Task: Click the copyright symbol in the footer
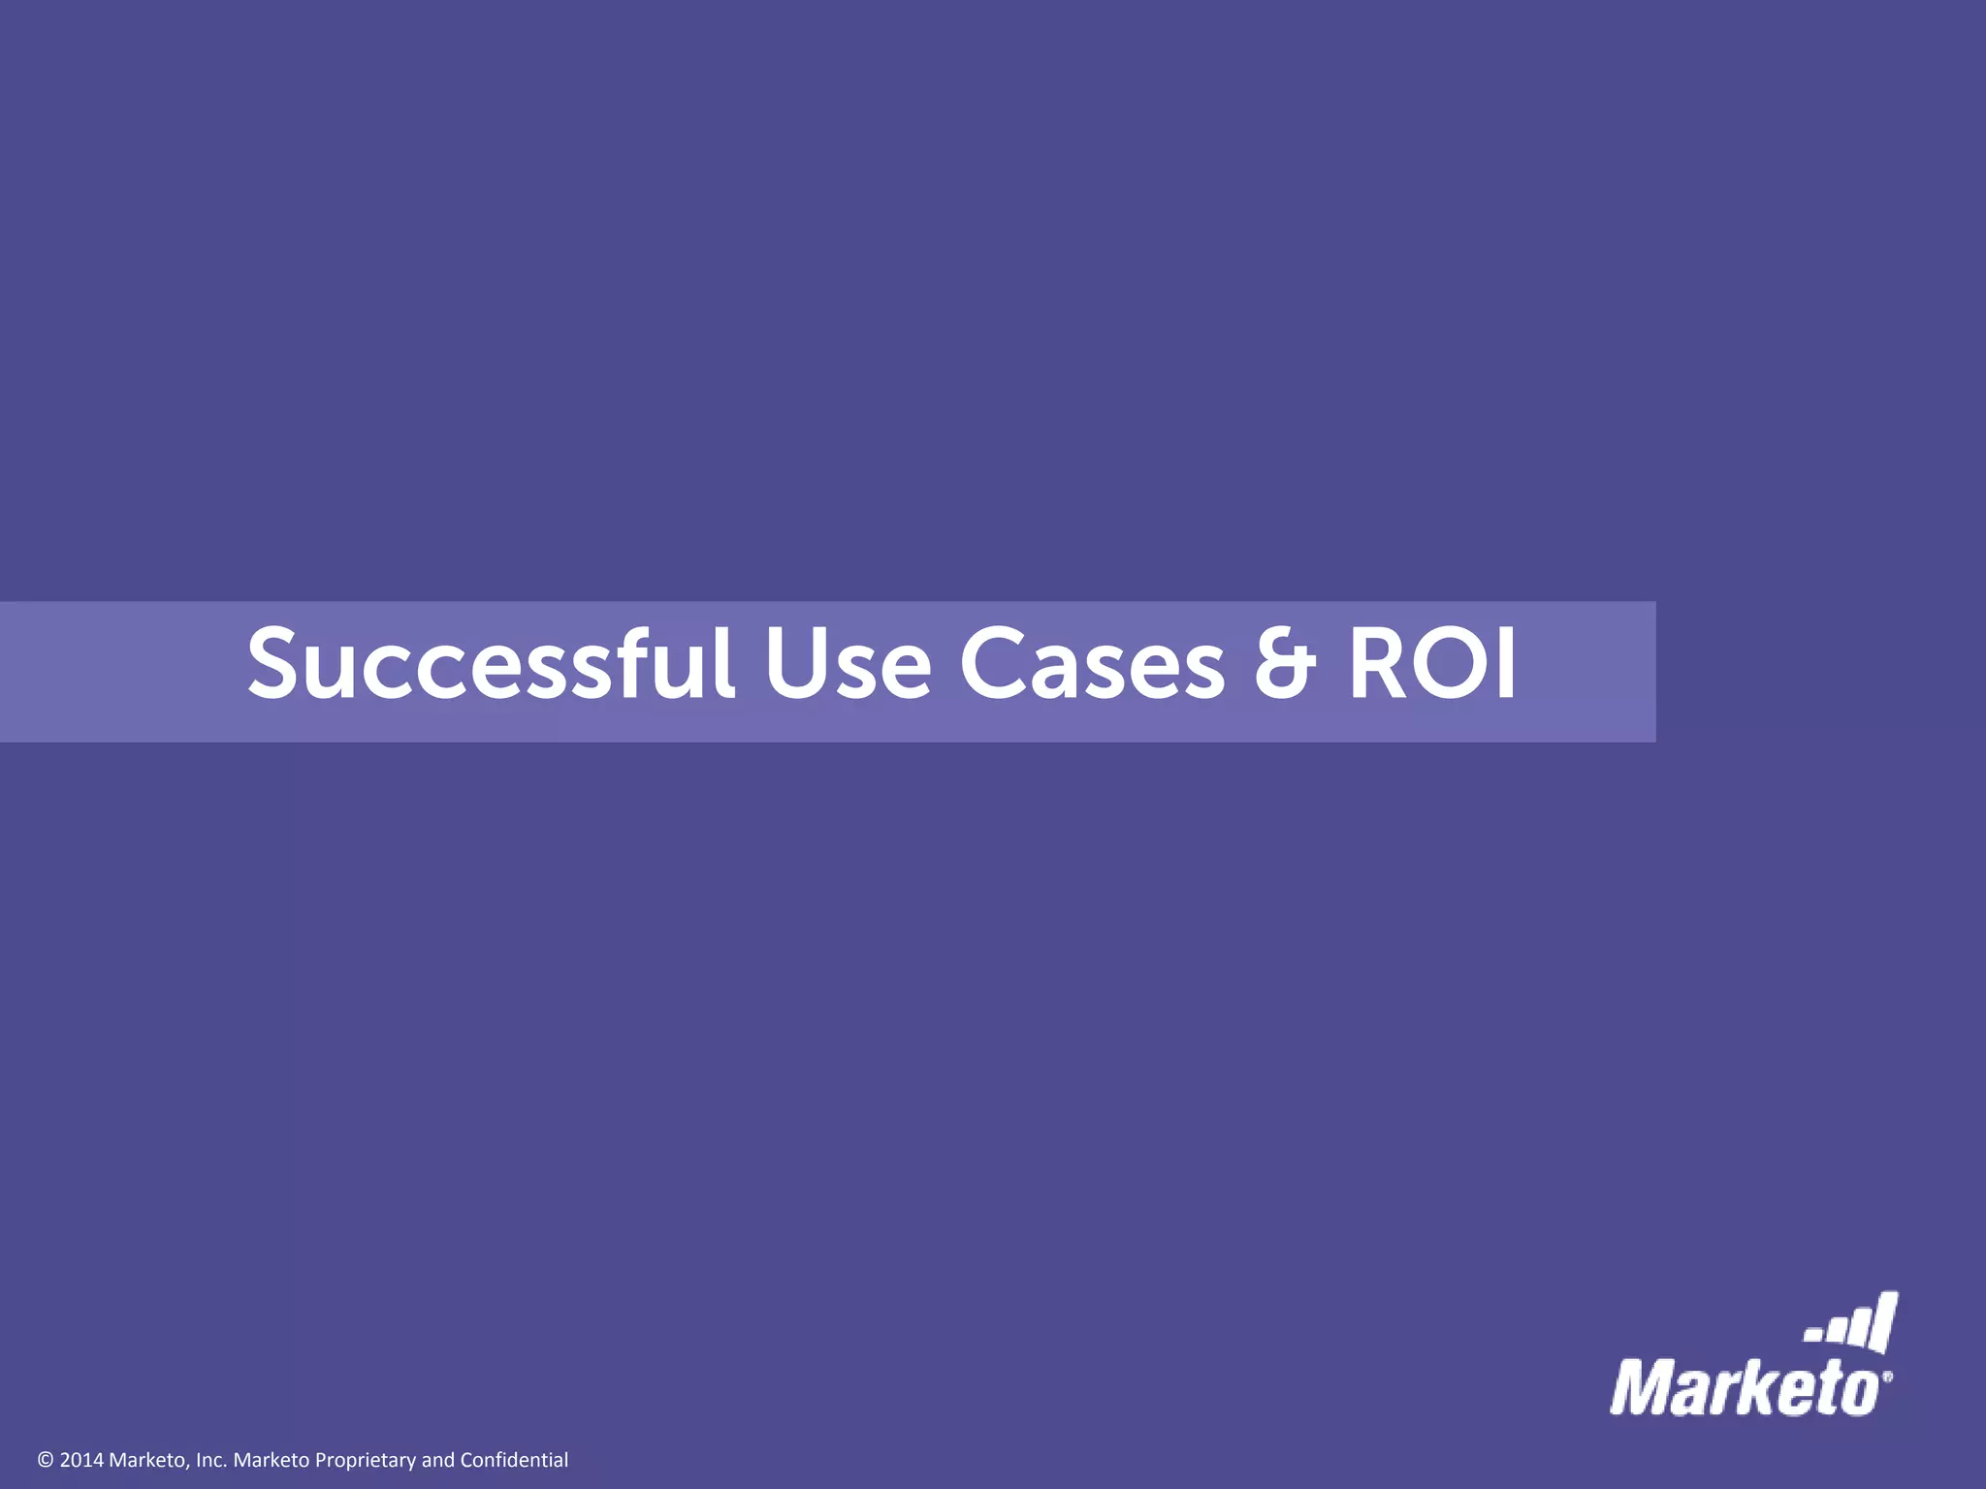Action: click(x=46, y=1460)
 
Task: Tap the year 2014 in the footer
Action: click(x=81, y=1460)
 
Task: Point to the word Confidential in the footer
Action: click(x=514, y=1460)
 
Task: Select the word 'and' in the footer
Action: click(x=437, y=1460)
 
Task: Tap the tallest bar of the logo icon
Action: click(x=1883, y=1320)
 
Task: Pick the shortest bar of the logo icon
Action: click(x=1810, y=1336)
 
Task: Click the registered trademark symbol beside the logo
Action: click(x=1887, y=1375)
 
